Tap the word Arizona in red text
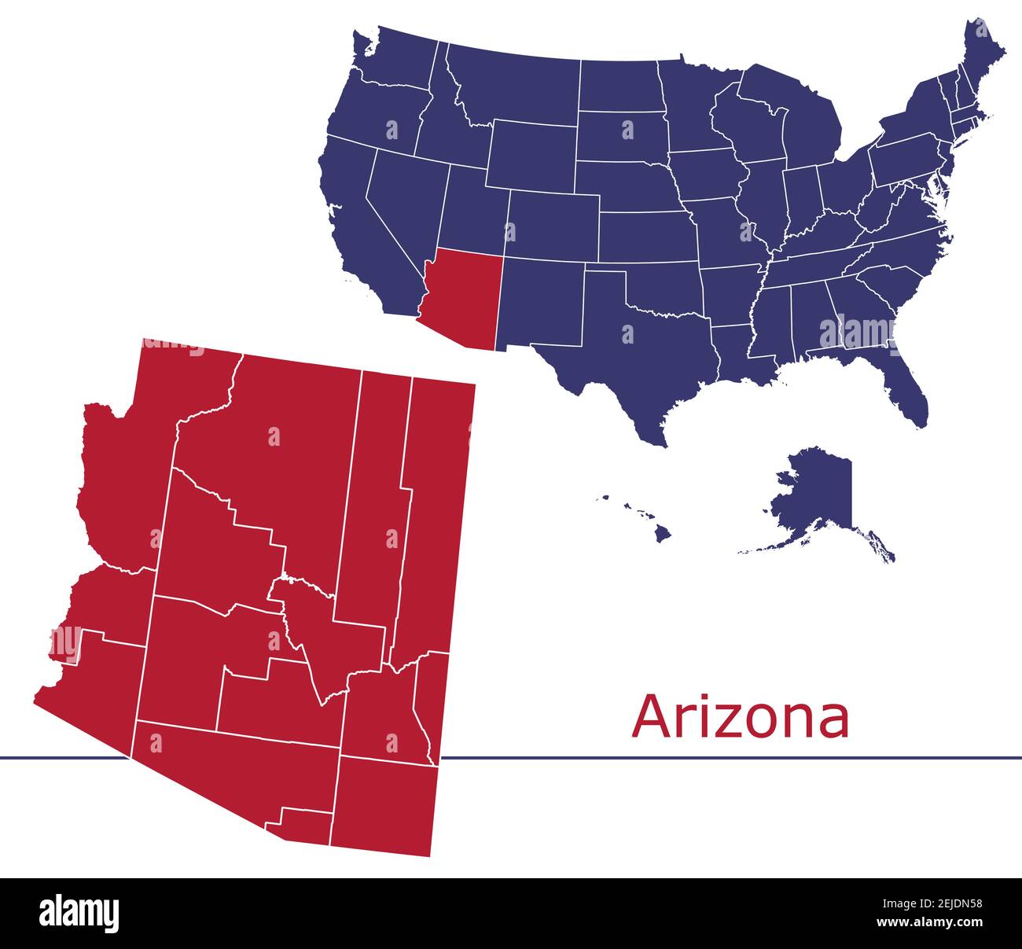[741, 716]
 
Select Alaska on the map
[818, 495]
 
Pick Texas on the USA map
[645, 354]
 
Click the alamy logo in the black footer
[79, 913]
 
